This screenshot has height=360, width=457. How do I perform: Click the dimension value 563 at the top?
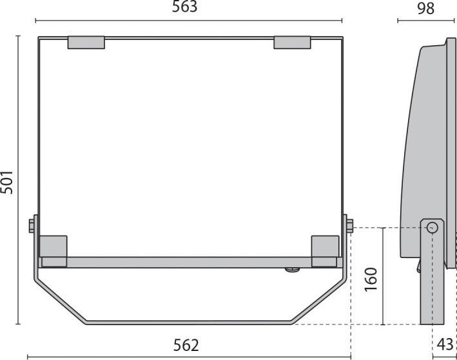click(x=185, y=8)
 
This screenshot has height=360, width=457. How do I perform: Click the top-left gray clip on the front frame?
click(x=86, y=43)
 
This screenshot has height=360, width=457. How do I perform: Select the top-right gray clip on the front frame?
click(x=292, y=43)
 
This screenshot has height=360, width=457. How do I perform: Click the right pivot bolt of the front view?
click(x=349, y=226)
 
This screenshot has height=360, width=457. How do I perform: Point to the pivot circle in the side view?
click(x=432, y=227)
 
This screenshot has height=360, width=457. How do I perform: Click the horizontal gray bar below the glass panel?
click(x=187, y=263)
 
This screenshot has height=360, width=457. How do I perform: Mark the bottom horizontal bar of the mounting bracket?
click(x=187, y=323)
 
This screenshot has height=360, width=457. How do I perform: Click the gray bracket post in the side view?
click(x=433, y=284)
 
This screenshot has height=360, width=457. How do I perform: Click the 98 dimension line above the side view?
click(x=426, y=21)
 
